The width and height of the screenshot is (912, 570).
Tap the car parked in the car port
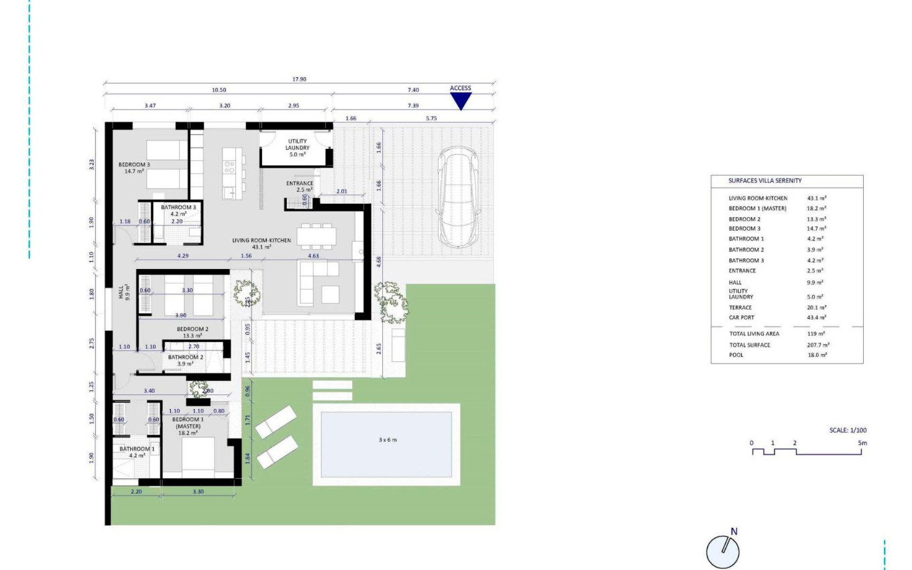[459, 197]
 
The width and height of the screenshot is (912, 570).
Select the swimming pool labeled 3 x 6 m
[386, 443]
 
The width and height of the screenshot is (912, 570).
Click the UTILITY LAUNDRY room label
[296, 144]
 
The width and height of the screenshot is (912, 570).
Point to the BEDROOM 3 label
[135, 168]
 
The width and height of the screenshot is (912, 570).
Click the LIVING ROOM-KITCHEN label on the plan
[262, 243]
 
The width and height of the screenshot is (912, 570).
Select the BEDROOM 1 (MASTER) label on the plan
[188, 426]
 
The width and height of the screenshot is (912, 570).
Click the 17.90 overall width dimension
[299, 79]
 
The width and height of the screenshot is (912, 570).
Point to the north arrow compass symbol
[724, 551]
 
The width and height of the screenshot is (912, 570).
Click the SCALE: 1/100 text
[848, 430]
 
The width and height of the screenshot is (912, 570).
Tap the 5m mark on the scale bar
[862, 443]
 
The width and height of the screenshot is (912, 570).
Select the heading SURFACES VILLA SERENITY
[764, 180]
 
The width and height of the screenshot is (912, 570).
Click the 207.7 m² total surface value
[818, 345]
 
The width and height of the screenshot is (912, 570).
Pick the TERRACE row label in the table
[740, 307]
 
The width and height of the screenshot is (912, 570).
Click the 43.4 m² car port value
[818, 317]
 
